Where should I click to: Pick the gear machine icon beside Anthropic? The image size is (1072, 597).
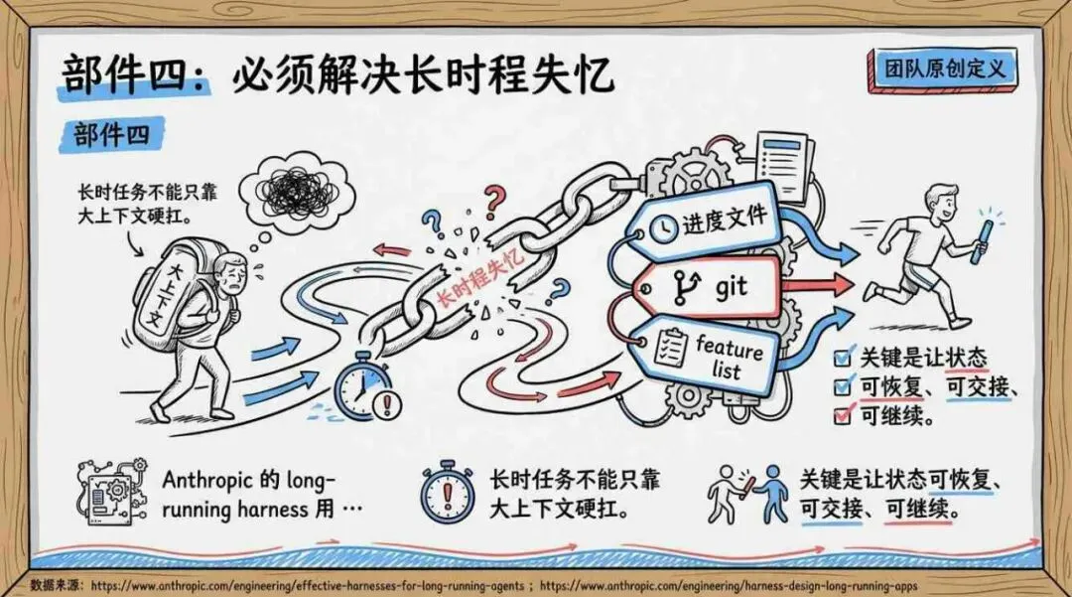(x=111, y=492)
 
